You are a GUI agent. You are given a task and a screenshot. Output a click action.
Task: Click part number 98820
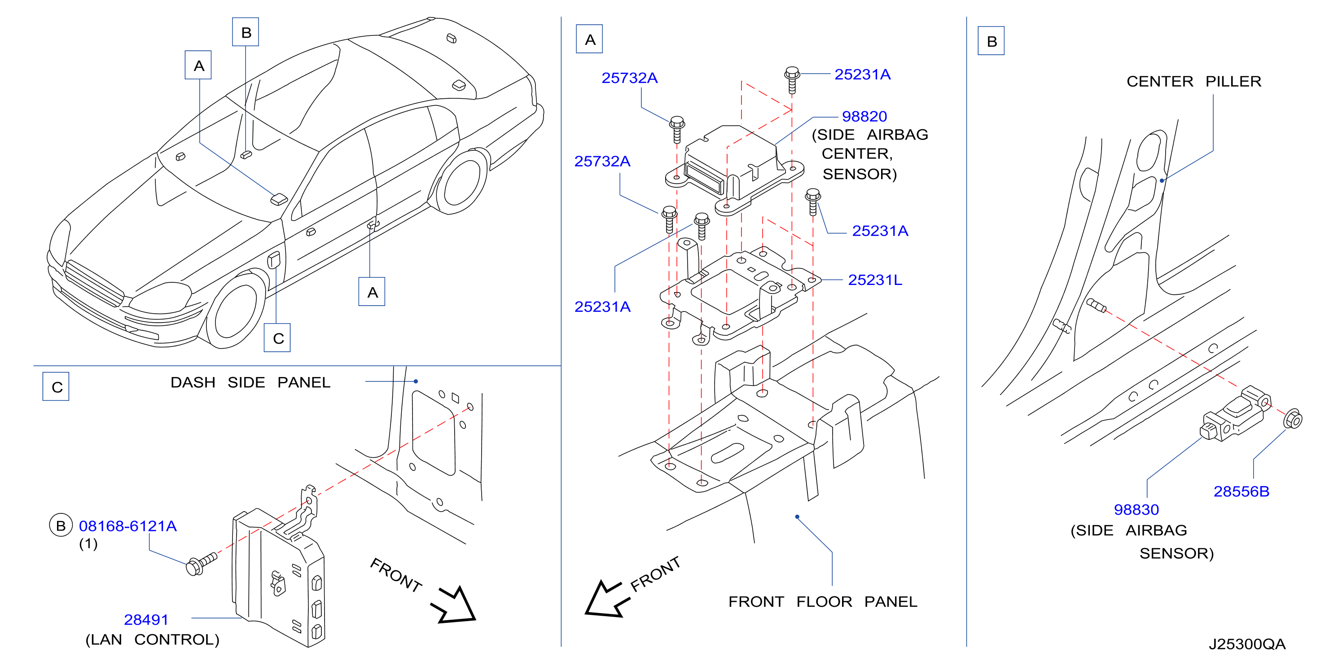[864, 116]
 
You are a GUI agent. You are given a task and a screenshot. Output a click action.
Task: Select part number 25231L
[875, 280]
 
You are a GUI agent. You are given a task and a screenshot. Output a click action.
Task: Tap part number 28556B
[1241, 491]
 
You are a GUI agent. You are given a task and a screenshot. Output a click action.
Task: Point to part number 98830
[1136, 510]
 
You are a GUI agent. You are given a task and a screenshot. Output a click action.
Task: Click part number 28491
[146, 620]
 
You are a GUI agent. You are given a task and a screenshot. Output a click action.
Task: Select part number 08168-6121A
[128, 526]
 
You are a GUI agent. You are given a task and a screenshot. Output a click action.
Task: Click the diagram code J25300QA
[1246, 644]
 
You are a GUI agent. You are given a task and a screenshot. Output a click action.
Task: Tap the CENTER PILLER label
[1193, 82]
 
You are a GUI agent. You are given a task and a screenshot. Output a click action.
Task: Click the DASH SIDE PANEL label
[250, 382]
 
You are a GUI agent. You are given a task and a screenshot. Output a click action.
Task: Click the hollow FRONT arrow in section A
[607, 600]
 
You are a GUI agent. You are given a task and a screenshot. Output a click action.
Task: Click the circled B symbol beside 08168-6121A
[60, 526]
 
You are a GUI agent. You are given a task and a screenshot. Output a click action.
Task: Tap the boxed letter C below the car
[277, 338]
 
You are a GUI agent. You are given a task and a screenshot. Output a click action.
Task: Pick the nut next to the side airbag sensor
[1292, 419]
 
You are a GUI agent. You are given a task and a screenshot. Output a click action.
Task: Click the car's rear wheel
[460, 182]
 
